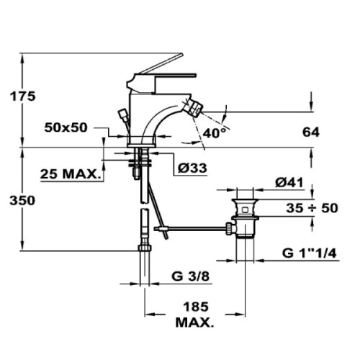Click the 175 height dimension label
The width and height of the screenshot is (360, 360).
[22, 96]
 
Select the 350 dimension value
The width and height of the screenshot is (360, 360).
[22, 200]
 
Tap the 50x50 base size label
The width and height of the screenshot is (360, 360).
[66, 127]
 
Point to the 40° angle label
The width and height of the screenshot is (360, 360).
[215, 132]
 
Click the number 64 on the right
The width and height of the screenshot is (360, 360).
[311, 132]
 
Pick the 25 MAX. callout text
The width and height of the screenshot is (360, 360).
[70, 174]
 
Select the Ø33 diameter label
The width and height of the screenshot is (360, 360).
[192, 168]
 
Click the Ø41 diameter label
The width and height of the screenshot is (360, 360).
[289, 183]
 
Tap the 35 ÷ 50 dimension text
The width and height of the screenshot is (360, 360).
[312, 208]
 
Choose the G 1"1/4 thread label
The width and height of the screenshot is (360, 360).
[310, 253]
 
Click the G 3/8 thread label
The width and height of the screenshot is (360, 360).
[190, 276]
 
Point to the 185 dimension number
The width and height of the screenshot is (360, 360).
[196, 307]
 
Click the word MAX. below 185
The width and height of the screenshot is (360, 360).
[194, 323]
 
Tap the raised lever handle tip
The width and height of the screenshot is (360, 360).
[181, 55]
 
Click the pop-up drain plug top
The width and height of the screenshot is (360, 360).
[245, 201]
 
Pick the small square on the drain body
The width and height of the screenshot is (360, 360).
[245, 210]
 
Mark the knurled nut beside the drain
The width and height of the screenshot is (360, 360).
[230, 228]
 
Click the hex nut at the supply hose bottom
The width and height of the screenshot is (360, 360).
[145, 248]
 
